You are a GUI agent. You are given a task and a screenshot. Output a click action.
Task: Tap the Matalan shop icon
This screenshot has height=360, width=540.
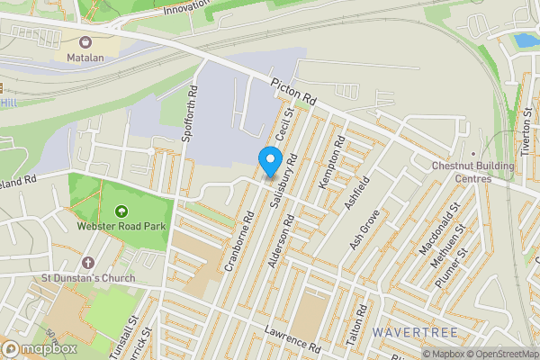[85, 42]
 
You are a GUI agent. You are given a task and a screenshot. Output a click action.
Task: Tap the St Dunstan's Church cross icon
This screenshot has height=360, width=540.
[87, 263]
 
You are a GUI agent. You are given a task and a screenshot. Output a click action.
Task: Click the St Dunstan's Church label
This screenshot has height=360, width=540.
[88, 278]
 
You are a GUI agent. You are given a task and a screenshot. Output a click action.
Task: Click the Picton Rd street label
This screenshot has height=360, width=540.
[294, 92]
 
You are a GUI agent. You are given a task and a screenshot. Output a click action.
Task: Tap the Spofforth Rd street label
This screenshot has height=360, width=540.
[189, 114]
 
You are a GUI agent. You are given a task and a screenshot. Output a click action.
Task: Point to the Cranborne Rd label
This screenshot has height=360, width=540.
[240, 240]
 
